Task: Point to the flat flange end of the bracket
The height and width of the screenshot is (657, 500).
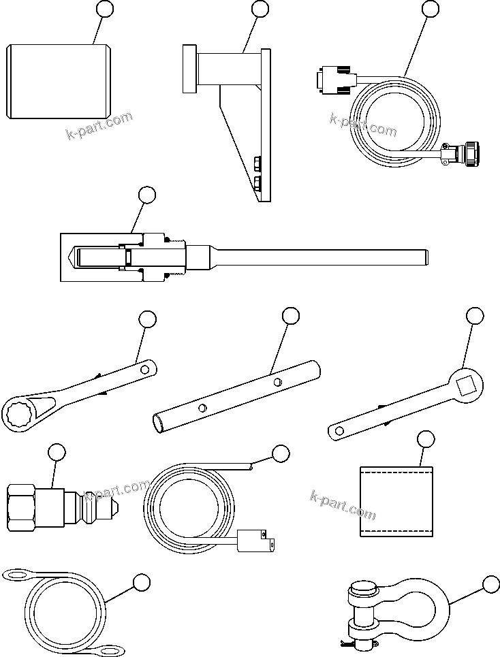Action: (188, 68)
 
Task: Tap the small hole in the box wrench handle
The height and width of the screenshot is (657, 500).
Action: (144, 370)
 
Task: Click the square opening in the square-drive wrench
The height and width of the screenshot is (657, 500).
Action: (468, 385)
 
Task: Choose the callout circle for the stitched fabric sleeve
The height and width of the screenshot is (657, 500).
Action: (425, 439)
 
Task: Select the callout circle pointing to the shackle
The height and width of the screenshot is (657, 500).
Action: (490, 584)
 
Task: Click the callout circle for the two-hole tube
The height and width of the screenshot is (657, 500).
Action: (291, 315)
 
